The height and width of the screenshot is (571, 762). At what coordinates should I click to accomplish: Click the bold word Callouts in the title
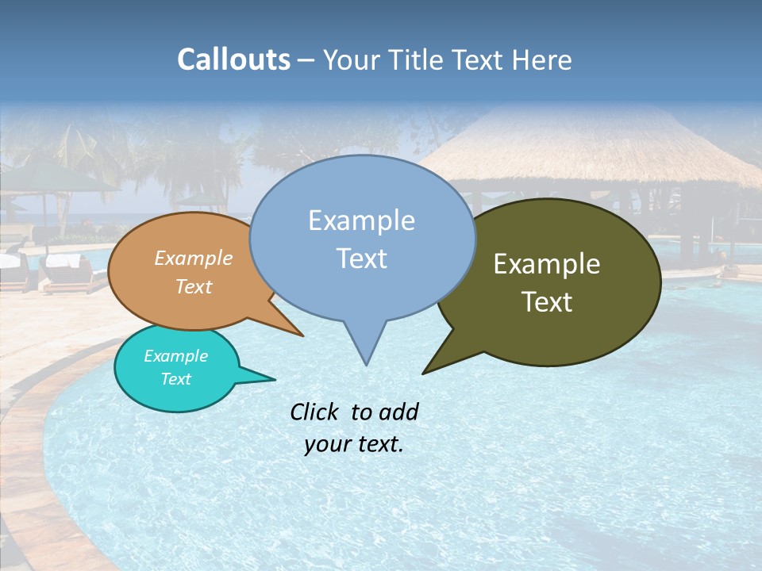point(233,59)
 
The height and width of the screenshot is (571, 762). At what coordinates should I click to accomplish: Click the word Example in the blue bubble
point(361,220)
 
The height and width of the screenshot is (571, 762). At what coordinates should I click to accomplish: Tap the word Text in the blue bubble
point(361,259)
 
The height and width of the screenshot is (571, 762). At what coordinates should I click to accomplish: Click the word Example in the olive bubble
point(547,264)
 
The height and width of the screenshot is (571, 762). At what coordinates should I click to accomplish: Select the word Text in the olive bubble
point(547,302)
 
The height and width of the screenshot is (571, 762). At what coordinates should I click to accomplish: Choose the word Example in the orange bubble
point(194,258)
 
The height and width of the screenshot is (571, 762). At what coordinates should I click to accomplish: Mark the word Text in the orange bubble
point(194,286)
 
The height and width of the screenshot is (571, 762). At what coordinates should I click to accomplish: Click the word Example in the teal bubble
point(176,356)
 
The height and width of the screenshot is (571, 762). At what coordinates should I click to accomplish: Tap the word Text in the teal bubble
point(176,379)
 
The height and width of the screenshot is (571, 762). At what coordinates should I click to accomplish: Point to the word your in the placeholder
point(326,444)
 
